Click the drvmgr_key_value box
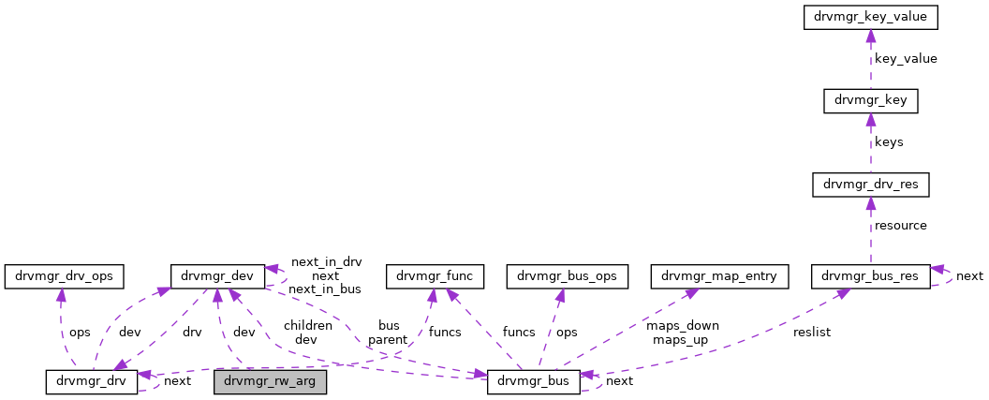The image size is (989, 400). [870, 17]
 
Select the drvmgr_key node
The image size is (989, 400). [870, 100]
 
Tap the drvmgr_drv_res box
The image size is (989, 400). [870, 185]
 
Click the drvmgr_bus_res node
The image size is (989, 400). [870, 275]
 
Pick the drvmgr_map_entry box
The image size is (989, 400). [720, 275]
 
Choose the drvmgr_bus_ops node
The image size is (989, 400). [561, 275]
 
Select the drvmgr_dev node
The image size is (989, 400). [216, 275]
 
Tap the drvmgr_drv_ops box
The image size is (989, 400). [65, 275]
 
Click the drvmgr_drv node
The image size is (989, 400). [92, 381]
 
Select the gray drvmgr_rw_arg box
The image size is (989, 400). [271, 381]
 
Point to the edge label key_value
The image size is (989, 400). [905, 58]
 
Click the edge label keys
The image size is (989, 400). [889, 142]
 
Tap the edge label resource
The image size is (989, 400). [900, 226]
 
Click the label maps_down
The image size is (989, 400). [682, 326]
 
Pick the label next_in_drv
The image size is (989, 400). [326, 262]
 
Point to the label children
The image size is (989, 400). [308, 326]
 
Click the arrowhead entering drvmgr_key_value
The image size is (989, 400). [870, 35]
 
